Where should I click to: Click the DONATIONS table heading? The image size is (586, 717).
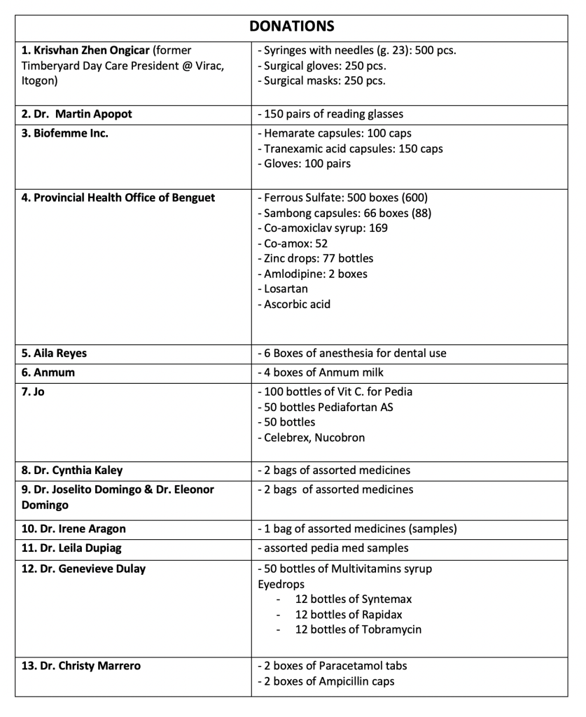coord(292,27)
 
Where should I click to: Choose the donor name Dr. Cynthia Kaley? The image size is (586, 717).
coord(77,470)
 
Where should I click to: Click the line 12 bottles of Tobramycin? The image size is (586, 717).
coord(358,629)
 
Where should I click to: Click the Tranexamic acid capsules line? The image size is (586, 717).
coord(350,148)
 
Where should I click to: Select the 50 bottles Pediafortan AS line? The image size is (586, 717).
coord(326,407)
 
